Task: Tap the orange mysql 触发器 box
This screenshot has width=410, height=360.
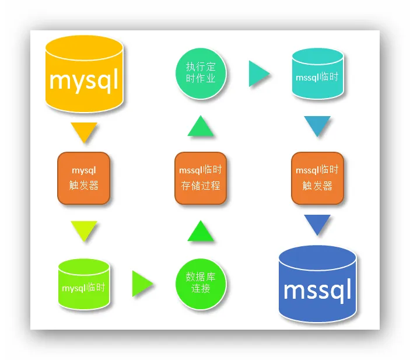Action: click(x=84, y=178)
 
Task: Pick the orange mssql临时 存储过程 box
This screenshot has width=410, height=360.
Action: click(x=201, y=178)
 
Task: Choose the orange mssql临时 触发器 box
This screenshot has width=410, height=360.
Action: click(x=317, y=178)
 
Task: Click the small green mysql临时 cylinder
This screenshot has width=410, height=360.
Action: click(x=84, y=284)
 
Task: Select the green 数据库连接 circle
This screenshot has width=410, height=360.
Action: click(x=201, y=285)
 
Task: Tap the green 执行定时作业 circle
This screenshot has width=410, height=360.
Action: click(x=201, y=74)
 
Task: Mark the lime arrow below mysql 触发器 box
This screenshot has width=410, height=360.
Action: click(x=84, y=229)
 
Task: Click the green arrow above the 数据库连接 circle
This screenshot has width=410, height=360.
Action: click(x=201, y=232)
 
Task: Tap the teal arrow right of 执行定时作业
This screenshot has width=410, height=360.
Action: click(x=257, y=74)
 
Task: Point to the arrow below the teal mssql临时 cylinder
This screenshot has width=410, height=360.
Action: click(x=317, y=125)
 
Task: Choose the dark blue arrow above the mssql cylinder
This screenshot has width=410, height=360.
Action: click(x=317, y=223)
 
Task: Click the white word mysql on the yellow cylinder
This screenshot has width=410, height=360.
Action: click(x=84, y=79)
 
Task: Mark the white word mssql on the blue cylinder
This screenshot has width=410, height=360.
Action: click(x=317, y=289)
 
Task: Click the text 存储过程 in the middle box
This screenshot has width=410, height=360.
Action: click(x=201, y=186)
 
